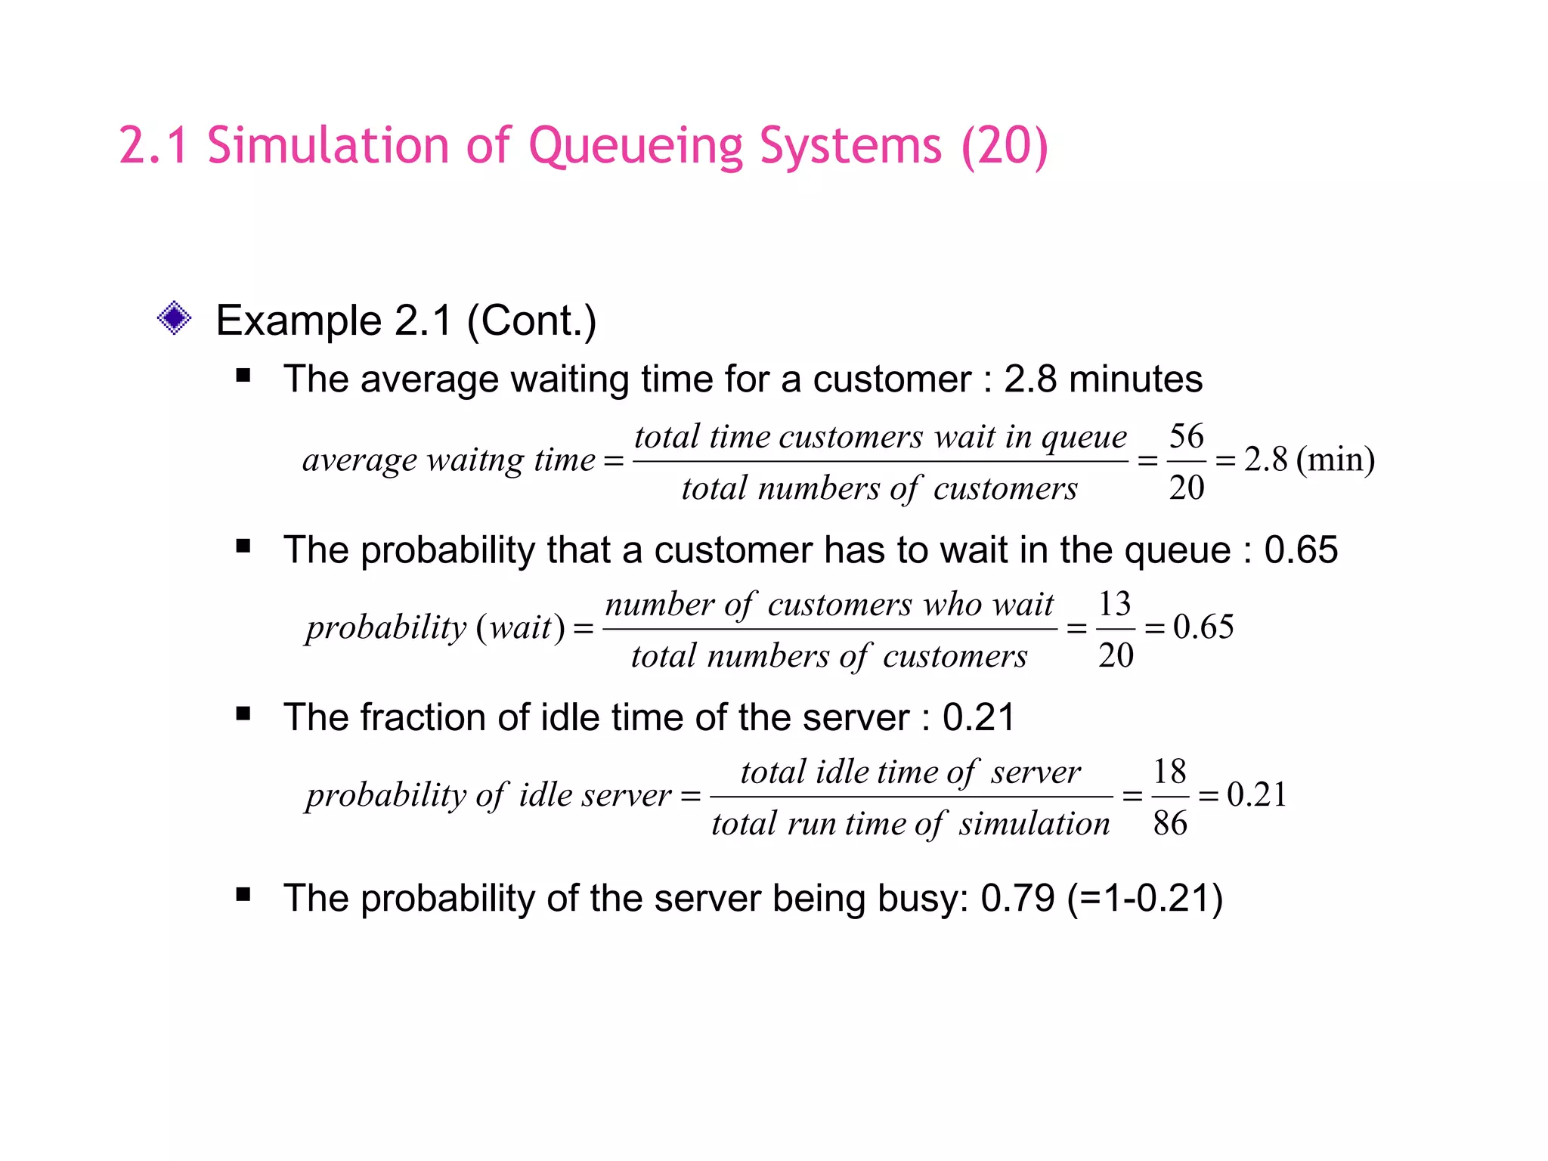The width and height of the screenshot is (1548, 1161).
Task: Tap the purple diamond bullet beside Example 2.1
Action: tap(174, 318)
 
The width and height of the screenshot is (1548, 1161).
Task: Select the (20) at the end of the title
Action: tap(1005, 145)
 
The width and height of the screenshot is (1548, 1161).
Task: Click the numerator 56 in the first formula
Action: tap(1186, 436)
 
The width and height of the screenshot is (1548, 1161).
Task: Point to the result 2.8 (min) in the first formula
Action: tap(1309, 460)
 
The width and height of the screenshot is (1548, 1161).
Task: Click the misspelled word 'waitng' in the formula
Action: tap(475, 460)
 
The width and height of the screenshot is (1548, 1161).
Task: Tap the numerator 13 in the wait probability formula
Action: tap(1115, 604)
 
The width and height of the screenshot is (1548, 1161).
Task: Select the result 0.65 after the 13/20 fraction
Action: tap(1203, 627)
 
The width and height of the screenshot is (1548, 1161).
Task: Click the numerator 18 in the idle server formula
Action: tap(1169, 772)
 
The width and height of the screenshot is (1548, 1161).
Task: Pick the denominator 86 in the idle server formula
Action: tap(1170, 823)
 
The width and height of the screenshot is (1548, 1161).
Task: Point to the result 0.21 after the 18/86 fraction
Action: tap(1256, 794)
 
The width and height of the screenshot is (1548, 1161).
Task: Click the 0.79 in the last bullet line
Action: tap(1017, 898)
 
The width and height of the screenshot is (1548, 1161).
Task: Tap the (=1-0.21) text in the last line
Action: tap(1144, 898)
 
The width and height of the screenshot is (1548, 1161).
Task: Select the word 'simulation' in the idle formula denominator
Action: tap(1034, 823)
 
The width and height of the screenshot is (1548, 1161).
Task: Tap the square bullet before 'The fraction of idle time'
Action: tap(243, 714)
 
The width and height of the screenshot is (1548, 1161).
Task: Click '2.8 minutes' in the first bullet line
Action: tap(1103, 379)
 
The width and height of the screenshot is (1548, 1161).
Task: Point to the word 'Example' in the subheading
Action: tap(298, 320)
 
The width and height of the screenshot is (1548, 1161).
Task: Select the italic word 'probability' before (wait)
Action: tap(386, 628)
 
